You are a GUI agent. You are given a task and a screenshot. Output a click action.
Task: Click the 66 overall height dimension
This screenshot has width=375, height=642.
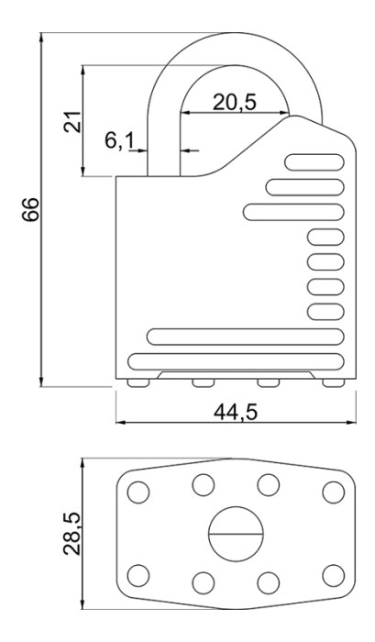click(30, 209)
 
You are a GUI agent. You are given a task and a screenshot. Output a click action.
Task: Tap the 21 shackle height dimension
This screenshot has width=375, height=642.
click(72, 121)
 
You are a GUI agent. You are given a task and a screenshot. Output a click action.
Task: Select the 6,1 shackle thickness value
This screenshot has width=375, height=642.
click(119, 141)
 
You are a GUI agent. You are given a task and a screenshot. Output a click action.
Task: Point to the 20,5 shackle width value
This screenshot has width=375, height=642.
click(234, 103)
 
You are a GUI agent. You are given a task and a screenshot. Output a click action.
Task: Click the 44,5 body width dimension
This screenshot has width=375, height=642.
click(236, 412)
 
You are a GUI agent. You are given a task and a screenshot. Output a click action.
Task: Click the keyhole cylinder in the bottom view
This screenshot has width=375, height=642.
click(236, 534)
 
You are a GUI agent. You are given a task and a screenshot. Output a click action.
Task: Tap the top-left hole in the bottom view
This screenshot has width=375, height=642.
click(138, 492)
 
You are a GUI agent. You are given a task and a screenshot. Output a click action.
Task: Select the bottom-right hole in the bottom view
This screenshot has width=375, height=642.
click(333, 575)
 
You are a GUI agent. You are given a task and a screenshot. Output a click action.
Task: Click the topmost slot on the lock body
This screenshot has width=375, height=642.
click(314, 162)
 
